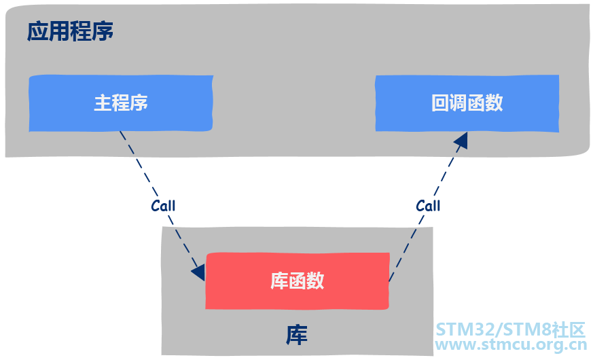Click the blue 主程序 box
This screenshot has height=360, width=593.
[121, 103]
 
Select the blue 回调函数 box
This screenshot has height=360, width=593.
[467, 103]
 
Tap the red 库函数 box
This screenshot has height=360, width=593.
[298, 281]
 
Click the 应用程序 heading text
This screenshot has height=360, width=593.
[70, 32]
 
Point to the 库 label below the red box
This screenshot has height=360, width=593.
[297, 335]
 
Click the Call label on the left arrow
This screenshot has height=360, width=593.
[163, 206]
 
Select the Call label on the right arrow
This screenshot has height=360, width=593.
[428, 205]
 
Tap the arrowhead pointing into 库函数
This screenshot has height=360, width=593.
[198, 272]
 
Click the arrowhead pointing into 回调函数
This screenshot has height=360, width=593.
[461, 140]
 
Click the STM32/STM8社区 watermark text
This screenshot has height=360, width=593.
[510, 330]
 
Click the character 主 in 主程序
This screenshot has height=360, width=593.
[103, 103]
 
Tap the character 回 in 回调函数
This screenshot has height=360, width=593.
[440, 103]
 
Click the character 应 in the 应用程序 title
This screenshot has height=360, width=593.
[37, 32]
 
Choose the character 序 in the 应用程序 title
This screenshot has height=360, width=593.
[103, 32]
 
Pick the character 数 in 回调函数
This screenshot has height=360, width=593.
[495, 103]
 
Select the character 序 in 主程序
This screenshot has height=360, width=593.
[139, 103]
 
